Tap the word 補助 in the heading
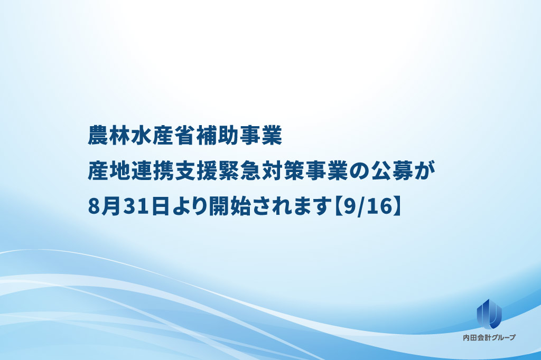pyautogui.click(x=217, y=135)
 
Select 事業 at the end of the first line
pyautogui.click(x=260, y=135)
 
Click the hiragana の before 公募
pyautogui.click(x=358, y=171)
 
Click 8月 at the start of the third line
pyautogui.click(x=104, y=206)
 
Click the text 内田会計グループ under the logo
pyautogui.click(x=489, y=338)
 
